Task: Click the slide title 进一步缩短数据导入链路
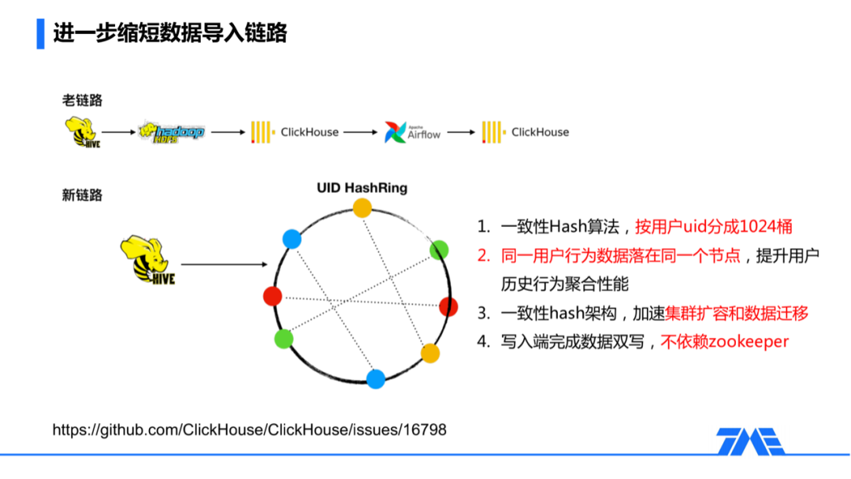[x=169, y=33]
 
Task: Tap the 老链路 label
[x=82, y=100]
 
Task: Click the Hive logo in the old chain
[x=80, y=132]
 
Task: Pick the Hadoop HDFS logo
[x=171, y=132]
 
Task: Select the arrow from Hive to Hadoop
[x=119, y=132]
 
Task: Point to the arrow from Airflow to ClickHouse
[x=460, y=132]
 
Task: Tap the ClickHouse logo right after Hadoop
[x=295, y=132]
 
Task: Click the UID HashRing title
[x=362, y=188]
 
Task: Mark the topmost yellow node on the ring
[x=362, y=207]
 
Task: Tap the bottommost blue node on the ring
[x=376, y=379]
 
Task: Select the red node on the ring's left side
[x=273, y=296]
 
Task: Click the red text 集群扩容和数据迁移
[x=737, y=313]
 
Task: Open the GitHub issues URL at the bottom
[x=250, y=430]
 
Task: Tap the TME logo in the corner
[x=750, y=442]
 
